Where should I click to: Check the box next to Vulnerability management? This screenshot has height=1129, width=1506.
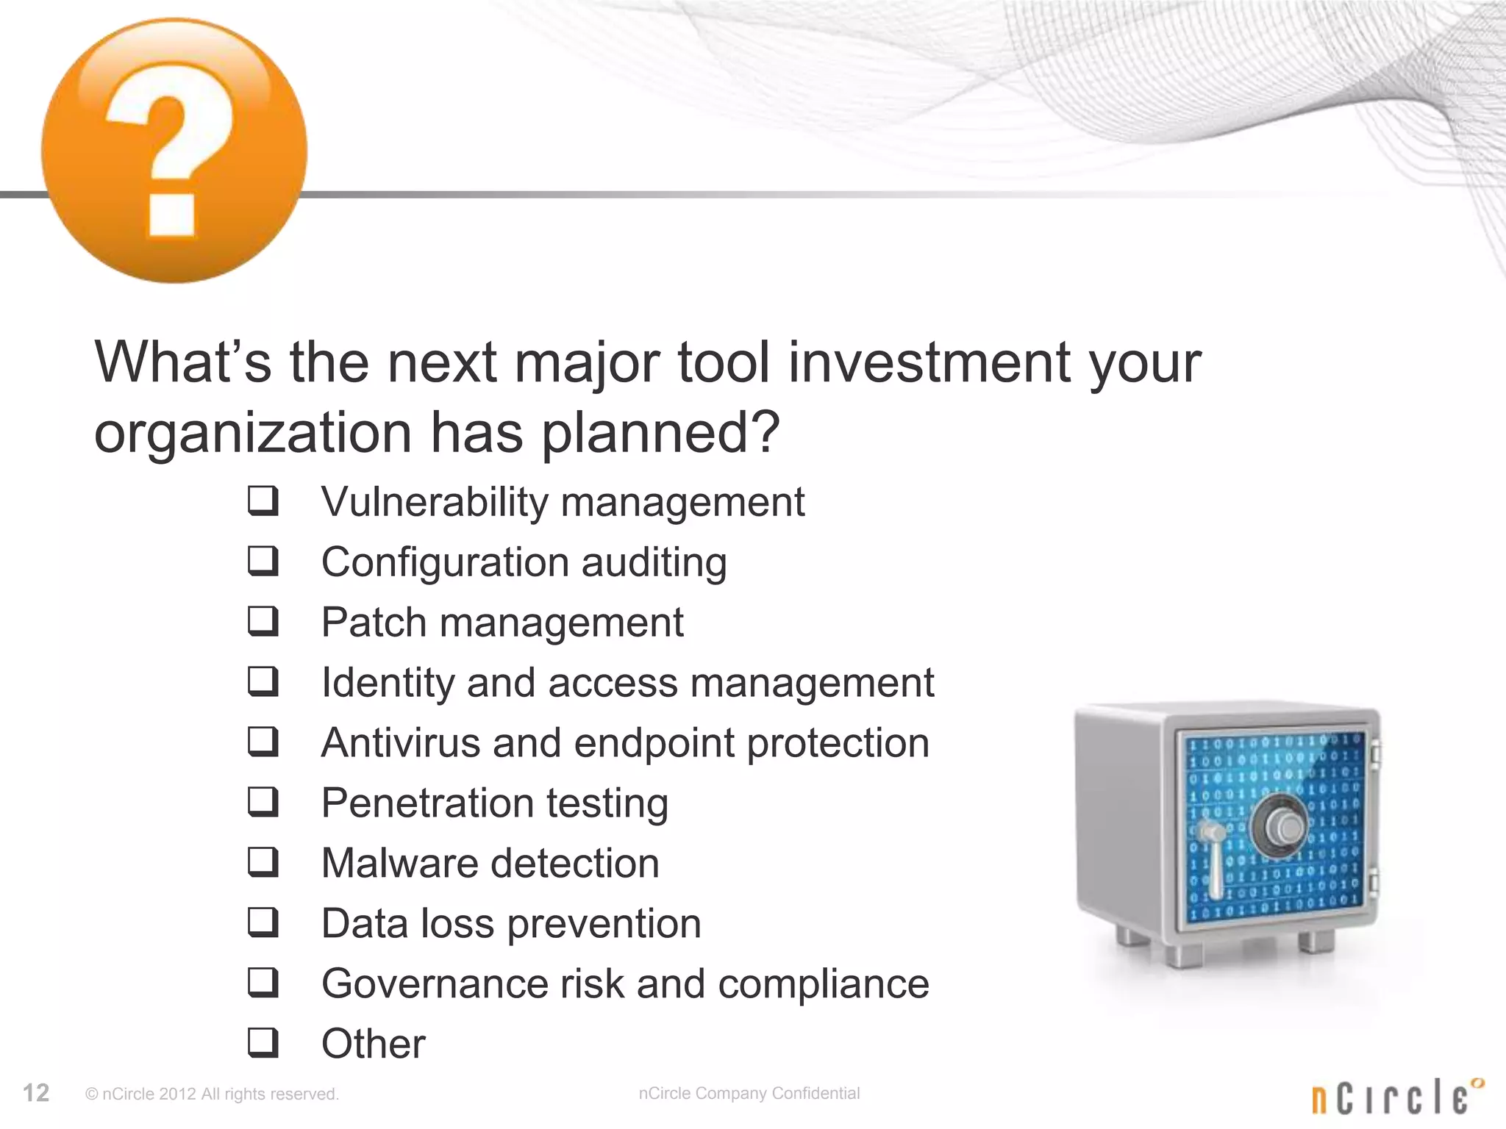[263, 501]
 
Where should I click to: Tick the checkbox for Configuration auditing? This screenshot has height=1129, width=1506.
[263, 562]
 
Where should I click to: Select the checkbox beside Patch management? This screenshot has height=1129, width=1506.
[263, 622]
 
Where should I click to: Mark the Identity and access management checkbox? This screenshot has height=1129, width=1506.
[263, 682]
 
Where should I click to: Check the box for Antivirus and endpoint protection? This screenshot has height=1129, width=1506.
[263, 742]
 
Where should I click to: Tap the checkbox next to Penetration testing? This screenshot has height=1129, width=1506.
[263, 803]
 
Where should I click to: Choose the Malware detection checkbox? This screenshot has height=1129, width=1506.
[263, 863]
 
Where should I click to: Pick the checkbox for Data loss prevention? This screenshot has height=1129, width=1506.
[263, 923]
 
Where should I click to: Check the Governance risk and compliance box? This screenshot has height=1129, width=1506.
[263, 983]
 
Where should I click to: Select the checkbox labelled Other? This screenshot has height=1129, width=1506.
[263, 1043]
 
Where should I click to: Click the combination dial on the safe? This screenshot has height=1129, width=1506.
[1283, 826]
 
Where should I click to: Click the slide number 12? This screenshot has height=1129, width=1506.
[36, 1093]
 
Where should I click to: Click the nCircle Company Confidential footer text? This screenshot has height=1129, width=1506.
[749, 1093]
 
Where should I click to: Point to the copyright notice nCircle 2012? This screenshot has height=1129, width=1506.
[212, 1094]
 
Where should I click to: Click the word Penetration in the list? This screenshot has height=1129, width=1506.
[427, 803]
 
